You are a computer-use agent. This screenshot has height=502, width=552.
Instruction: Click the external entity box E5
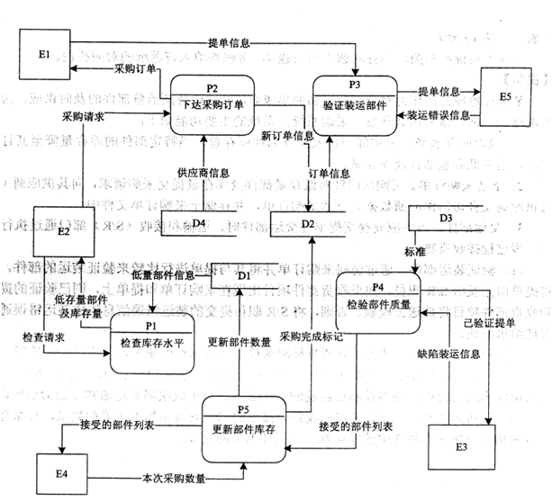click(510, 98)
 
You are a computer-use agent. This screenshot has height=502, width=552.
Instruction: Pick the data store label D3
click(445, 218)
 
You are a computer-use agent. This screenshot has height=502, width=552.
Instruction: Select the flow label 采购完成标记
click(311, 336)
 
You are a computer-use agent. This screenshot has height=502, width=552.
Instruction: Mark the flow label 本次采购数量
click(175, 478)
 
